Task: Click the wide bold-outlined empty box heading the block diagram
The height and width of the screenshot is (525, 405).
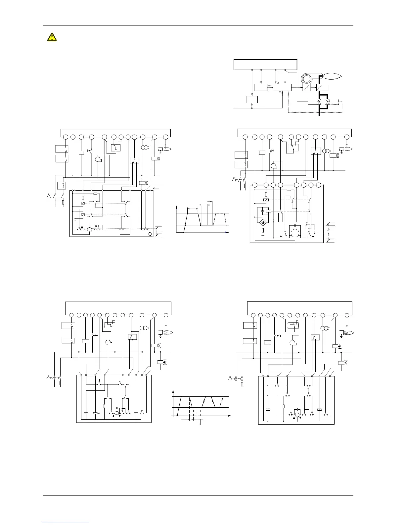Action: coord(265,65)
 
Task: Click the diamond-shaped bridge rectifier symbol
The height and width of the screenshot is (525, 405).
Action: coord(263,222)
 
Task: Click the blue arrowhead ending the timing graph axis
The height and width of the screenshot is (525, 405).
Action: coord(227,232)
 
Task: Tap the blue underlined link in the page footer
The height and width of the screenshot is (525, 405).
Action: coord(66,522)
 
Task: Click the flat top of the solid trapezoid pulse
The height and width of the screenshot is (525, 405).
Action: coord(193,213)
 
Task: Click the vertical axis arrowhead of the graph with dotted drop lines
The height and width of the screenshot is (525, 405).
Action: coord(173,392)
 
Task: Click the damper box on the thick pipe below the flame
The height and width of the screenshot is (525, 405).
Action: coord(322,87)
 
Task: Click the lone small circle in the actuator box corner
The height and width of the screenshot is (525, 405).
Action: coord(150,234)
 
